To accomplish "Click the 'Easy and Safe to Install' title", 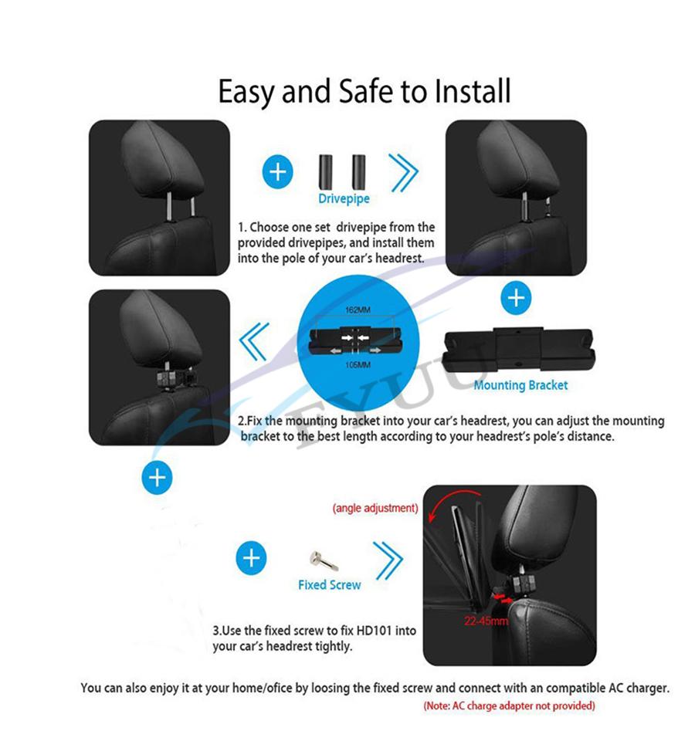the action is tap(364, 91).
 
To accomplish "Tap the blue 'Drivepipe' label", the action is tap(344, 198).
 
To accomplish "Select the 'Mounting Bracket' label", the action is tap(520, 385).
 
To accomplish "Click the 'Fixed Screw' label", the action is tap(329, 584).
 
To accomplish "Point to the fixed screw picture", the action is tap(324, 560).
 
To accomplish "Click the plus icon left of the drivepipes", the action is tap(278, 171).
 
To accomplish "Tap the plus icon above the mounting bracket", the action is tap(516, 297).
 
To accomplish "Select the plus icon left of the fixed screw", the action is tap(252, 558).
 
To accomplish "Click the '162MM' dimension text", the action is tap(358, 310).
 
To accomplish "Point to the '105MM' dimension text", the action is tap(358, 364).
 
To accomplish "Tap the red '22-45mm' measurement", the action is tap(486, 621).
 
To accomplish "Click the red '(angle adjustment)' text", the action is tap(375, 508).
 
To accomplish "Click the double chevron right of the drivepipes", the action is tap(404, 173).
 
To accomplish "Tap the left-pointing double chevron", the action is tap(254, 342).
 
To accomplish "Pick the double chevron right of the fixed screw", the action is tap(388, 560).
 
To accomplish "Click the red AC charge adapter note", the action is tap(510, 706).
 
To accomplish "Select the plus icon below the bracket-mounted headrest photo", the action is tap(158, 477).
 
